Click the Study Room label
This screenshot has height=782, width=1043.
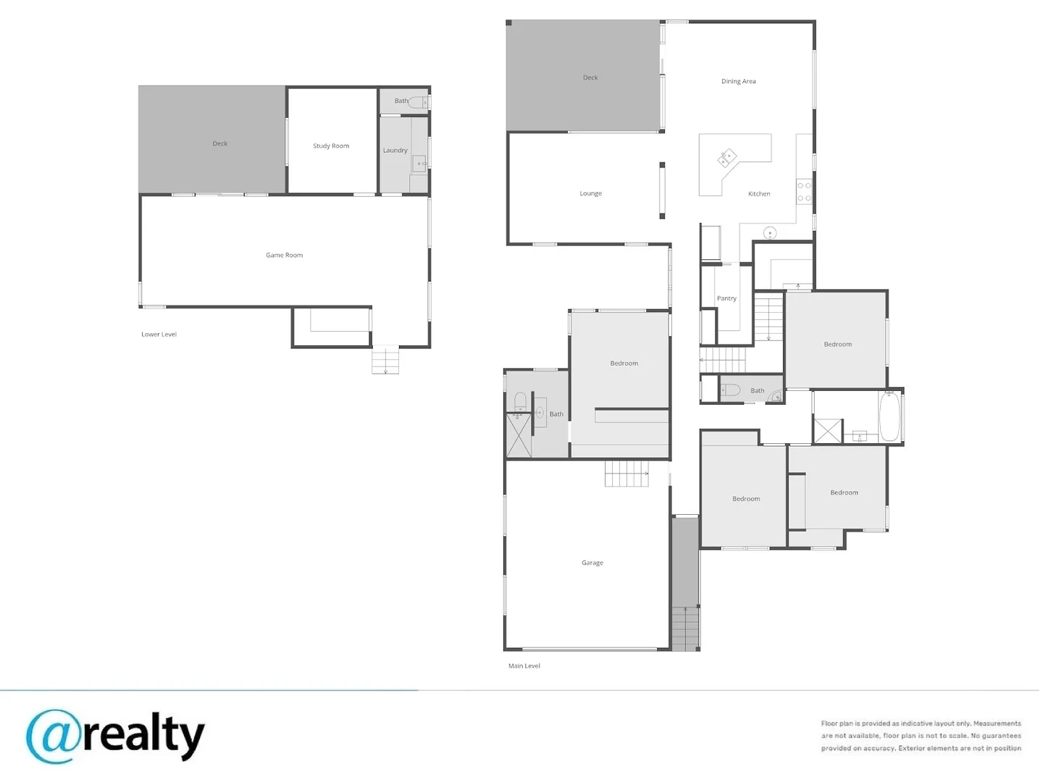point(331,146)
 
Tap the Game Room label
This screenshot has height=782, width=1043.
point(284,255)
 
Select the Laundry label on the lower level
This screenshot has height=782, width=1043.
point(395,151)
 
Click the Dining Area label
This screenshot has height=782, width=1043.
point(738,81)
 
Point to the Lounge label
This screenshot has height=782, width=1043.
point(590,193)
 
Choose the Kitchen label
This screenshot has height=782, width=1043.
point(759,194)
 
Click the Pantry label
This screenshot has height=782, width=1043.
point(726,298)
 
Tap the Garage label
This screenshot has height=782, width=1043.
point(592,563)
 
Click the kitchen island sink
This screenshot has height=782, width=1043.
point(727,158)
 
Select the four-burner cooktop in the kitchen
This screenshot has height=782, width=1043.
point(804,192)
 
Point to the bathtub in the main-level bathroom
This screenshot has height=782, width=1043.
point(889,416)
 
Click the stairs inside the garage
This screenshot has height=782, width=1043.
point(627,474)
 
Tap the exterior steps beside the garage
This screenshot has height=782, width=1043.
point(685,628)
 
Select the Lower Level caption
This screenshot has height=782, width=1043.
point(159,335)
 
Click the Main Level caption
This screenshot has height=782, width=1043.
point(524,665)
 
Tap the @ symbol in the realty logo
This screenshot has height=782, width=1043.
point(53,736)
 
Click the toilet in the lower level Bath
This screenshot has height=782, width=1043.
point(418,102)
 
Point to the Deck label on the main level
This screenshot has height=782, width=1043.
point(590,77)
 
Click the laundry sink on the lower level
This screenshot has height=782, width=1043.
point(419,164)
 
